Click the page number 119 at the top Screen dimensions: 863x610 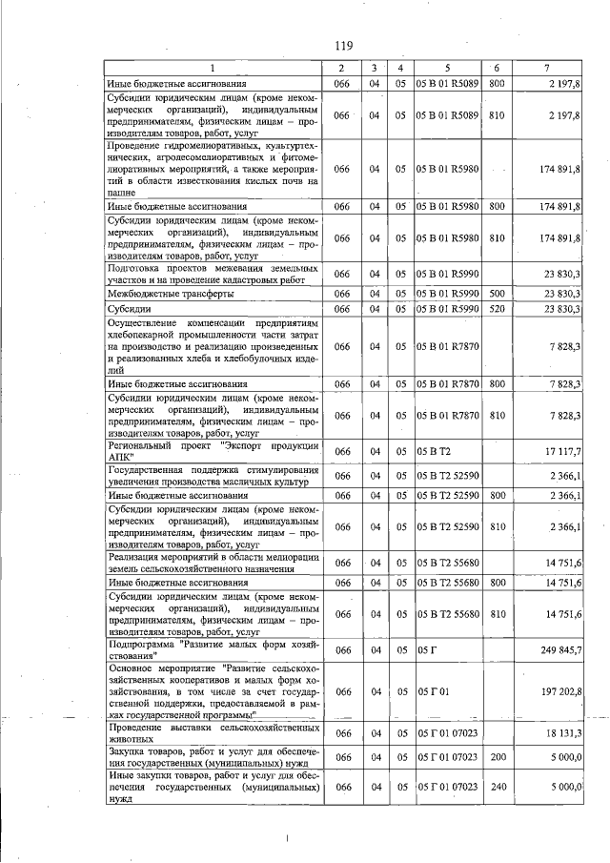[x=344, y=46]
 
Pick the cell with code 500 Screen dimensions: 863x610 [x=497, y=294]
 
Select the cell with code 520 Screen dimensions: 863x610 [x=497, y=309]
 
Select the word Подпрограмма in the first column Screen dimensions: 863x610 [x=142, y=644]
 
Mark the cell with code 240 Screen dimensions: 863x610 [x=497, y=787]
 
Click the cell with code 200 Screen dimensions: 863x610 [x=497, y=757]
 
